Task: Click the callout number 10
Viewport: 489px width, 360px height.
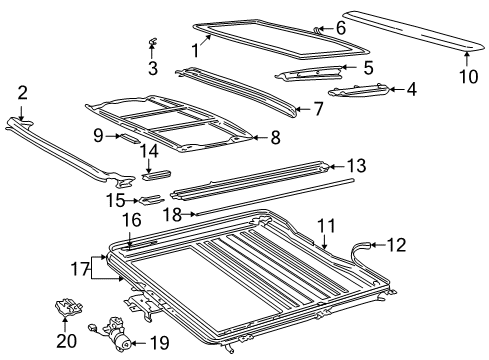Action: [x=468, y=76]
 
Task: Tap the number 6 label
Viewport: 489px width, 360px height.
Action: [x=341, y=28]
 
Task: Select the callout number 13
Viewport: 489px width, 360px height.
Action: [x=356, y=166]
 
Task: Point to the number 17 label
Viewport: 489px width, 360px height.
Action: [x=80, y=269]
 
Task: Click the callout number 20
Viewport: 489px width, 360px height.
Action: [x=67, y=341]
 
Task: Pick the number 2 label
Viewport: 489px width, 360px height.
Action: [x=22, y=93]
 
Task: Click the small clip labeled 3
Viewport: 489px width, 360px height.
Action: [x=152, y=41]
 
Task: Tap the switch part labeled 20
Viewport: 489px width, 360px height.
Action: [x=68, y=307]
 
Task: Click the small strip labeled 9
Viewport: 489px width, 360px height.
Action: [x=129, y=138]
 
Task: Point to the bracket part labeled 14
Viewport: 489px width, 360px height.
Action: [x=157, y=175]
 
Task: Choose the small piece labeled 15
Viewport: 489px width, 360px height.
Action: [x=152, y=200]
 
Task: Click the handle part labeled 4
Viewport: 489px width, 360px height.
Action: [x=359, y=90]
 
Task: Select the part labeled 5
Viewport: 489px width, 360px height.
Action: [x=308, y=74]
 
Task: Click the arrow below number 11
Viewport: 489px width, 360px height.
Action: [x=325, y=242]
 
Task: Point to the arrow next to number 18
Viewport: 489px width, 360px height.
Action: [x=190, y=214]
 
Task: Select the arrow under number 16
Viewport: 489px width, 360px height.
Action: [x=129, y=240]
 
